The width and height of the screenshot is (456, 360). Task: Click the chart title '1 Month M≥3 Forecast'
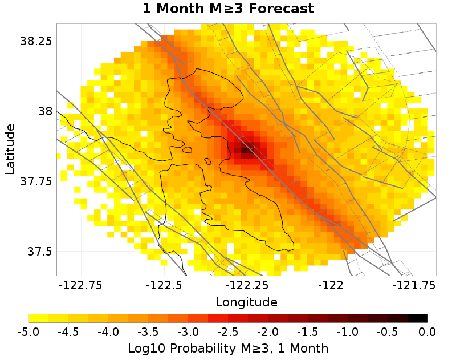pos(228,9)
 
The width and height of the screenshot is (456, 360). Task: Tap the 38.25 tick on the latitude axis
pos(36,41)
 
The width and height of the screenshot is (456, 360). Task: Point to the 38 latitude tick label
pos(43,111)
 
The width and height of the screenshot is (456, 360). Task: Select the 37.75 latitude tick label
pos(36,181)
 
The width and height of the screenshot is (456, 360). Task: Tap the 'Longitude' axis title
pos(246,301)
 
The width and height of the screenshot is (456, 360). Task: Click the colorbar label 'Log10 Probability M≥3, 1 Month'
pos(228,347)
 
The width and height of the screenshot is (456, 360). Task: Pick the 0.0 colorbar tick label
pos(427,332)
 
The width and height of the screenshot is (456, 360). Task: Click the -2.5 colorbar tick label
pos(228,332)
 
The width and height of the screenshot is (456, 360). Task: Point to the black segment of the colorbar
pos(417,318)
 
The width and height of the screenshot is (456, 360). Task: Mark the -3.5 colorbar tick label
pos(148,332)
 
